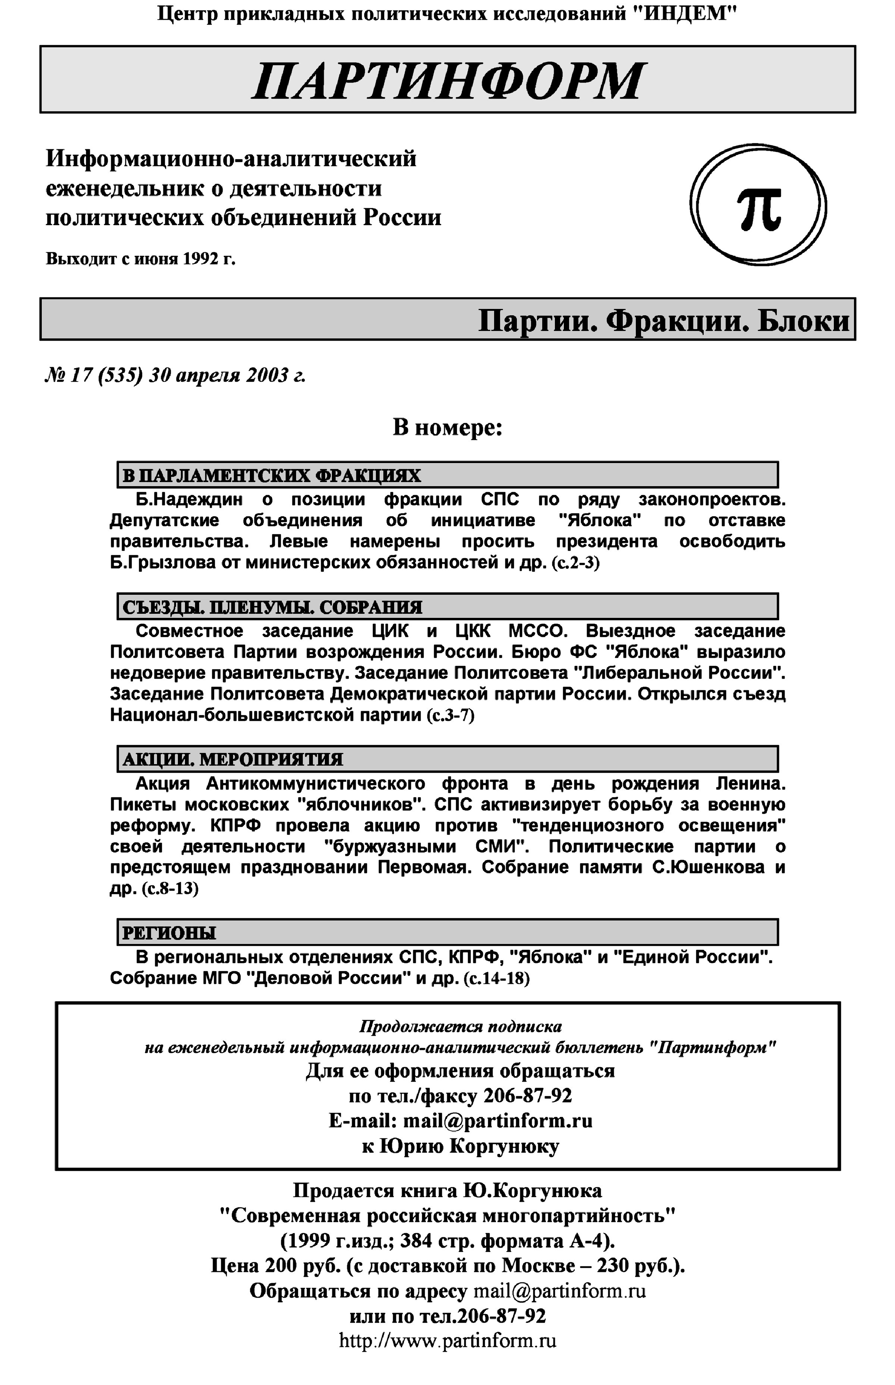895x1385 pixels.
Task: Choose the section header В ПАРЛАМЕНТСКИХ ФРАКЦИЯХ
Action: coord(271,476)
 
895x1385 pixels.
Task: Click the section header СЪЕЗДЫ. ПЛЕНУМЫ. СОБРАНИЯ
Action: coord(272,607)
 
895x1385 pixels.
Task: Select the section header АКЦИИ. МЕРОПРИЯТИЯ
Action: coord(232,759)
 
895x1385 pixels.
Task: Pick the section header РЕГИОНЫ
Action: coord(169,933)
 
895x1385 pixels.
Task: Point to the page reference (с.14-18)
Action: coord(496,979)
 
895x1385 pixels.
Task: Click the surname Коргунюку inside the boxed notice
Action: coord(505,1147)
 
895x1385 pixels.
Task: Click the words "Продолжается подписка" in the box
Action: coord(460,1026)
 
